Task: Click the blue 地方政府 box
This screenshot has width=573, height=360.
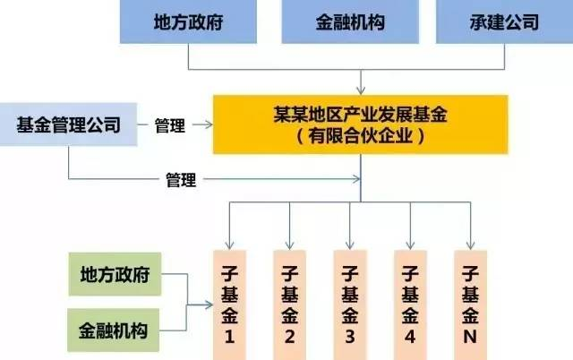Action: (x=188, y=21)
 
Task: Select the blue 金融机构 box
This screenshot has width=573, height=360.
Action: (x=350, y=21)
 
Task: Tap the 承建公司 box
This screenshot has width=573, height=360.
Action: (x=504, y=21)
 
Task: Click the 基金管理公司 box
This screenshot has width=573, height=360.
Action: (x=68, y=124)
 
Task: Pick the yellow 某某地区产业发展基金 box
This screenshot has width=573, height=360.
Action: (x=360, y=124)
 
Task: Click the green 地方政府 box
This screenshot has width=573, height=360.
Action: (x=115, y=274)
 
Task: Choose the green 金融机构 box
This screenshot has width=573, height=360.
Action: (x=114, y=330)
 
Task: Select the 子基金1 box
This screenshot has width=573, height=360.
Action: (x=229, y=305)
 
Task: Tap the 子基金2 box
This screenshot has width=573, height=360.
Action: (x=289, y=305)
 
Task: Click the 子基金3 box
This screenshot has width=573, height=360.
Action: (x=350, y=305)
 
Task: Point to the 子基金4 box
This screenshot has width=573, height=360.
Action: (x=410, y=305)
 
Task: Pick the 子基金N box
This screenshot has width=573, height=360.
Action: (x=470, y=305)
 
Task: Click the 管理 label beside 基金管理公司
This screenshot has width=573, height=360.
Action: (x=169, y=125)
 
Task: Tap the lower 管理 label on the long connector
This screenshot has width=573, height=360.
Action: (x=181, y=180)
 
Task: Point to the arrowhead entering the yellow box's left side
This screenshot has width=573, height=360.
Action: (x=209, y=124)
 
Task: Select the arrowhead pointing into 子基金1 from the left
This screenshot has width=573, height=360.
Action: (x=209, y=304)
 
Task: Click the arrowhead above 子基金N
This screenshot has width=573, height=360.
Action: (x=470, y=245)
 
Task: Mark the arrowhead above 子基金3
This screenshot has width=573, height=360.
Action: (x=350, y=245)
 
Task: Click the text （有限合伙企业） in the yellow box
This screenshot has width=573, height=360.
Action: (x=360, y=136)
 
